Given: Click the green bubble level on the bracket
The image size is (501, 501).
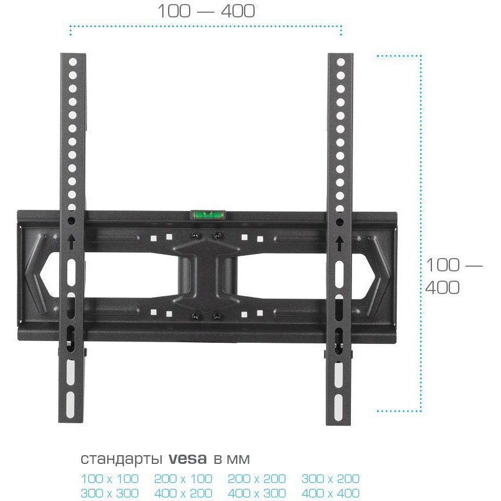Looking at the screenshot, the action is [x=208, y=215].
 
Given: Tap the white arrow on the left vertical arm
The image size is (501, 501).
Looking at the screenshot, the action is [x=71, y=242].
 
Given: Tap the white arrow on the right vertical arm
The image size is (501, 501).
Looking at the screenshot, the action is [x=339, y=243].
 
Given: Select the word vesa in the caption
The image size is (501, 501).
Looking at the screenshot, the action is [x=187, y=459].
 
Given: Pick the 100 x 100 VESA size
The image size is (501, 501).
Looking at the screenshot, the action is [x=110, y=479].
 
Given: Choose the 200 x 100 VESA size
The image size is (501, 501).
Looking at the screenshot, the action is [x=183, y=479].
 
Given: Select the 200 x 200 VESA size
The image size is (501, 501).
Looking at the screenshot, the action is [x=256, y=479].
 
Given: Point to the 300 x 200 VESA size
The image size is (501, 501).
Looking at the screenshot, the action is [x=331, y=479].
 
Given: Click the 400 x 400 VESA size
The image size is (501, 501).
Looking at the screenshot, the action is [x=331, y=493].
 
